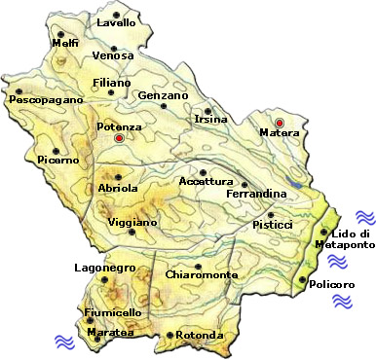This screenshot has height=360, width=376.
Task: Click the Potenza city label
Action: point(120,126)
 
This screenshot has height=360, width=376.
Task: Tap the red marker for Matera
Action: point(280,123)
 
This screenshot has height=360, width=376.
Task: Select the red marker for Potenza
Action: point(119,138)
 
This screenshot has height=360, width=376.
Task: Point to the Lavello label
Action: point(117,22)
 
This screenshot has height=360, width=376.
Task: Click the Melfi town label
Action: point(65,43)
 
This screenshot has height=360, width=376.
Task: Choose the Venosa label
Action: point(113,54)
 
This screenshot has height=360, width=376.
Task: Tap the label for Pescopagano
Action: point(41,99)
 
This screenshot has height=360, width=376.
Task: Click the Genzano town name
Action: point(163,96)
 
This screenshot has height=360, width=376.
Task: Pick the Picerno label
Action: point(57,159)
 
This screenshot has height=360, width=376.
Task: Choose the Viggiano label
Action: point(132,222)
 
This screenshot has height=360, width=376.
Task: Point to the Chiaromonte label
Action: point(202,275)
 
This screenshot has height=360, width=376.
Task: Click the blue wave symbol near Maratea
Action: point(64,341)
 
